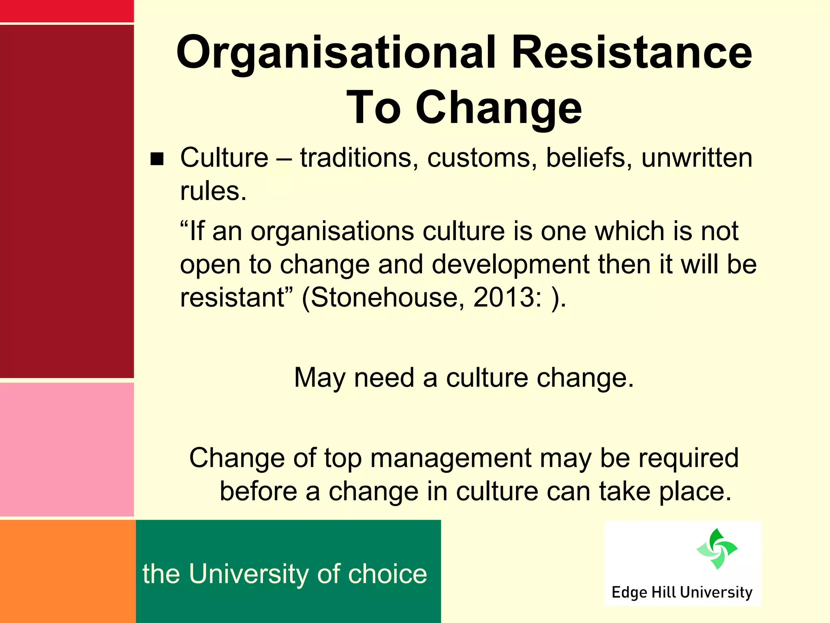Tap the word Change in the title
tap(498, 108)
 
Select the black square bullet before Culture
tap(157, 159)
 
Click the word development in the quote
tap(510, 264)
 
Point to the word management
tap(450, 458)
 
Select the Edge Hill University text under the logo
tap(682, 592)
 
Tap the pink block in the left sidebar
tap(67, 449)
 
